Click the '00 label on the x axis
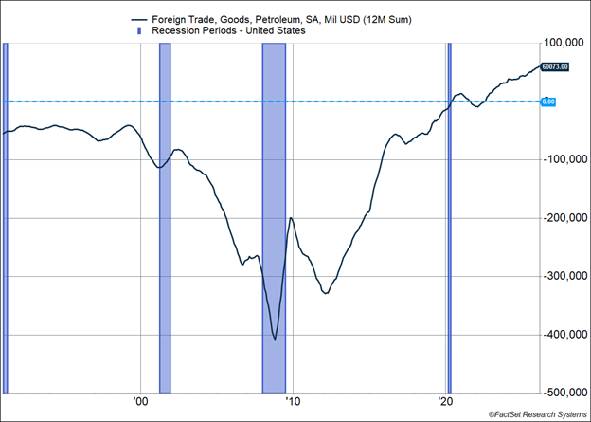click(x=140, y=401)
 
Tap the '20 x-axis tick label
click(x=446, y=401)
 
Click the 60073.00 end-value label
click(x=556, y=66)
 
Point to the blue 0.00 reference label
click(x=548, y=101)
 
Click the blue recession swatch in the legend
click(x=142, y=29)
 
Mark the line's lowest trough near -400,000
click(x=275, y=339)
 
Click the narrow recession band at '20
click(x=449, y=217)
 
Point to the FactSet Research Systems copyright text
click(x=538, y=414)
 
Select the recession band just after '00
click(x=165, y=217)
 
